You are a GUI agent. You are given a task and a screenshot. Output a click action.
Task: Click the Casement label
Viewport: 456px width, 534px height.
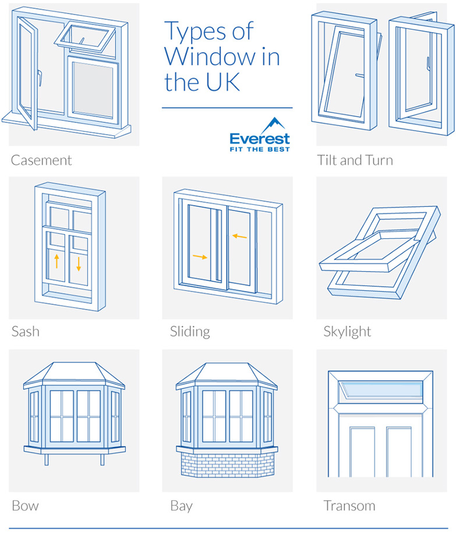pyautogui.click(x=41, y=160)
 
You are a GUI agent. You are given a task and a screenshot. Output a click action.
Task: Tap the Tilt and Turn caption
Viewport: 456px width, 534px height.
pyautogui.click(x=355, y=160)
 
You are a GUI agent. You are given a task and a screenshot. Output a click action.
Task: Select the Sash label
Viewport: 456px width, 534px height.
pyautogui.click(x=26, y=331)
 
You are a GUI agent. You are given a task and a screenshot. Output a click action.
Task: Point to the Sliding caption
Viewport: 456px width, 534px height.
pyautogui.click(x=190, y=332)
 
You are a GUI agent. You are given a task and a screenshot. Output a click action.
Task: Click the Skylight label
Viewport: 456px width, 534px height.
pyautogui.click(x=347, y=332)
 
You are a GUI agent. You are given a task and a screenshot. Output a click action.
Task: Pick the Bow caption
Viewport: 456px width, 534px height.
pyautogui.click(x=25, y=506)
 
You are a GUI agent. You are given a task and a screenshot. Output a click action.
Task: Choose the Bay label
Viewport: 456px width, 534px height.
pyautogui.click(x=181, y=507)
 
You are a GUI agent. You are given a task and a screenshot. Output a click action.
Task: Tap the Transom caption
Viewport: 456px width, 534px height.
pyautogui.click(x=349, y=506)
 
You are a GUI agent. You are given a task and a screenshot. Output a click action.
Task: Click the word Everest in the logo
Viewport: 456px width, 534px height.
pyautogui.click(x=260, y=139)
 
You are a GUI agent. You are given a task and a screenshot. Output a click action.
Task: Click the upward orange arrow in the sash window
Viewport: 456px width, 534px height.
pyautogui.click(x=57, y=261)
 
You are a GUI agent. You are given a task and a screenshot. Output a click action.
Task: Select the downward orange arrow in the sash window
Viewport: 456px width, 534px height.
pyautogui.click(x=79, y=264)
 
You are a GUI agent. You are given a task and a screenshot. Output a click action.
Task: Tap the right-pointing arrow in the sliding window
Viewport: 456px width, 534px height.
pyautogui.click(x=200, y=257)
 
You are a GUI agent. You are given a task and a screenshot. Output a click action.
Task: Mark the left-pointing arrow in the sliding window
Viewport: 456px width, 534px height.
pyautogui.click(x=239, y=236)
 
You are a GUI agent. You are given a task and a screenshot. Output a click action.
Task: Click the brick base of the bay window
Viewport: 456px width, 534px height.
pyautogui.click(x=227, y=465)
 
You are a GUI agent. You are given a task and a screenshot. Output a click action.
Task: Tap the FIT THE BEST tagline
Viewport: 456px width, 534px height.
pyautogui.click(x=260, y=149)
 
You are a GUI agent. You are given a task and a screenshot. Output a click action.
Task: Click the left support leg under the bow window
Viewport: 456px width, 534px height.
pyautogui.click(x=47, y=459)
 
